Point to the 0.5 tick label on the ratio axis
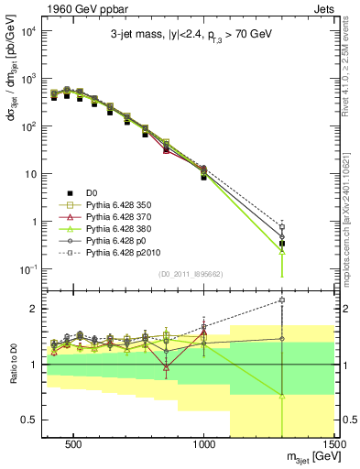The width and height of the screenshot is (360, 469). (x=30, y=420)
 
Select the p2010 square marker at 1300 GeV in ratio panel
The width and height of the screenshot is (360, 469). (x=282, y=300)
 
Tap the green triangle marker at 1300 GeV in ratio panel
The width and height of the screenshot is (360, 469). (x=282, y=396)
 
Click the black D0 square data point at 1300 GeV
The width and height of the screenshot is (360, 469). (x=282, y=244)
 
